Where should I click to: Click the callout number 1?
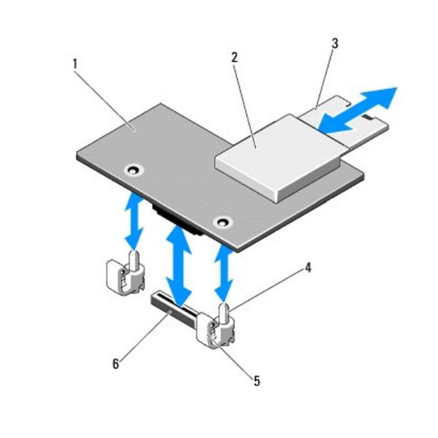(75, 64)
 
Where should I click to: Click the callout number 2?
(234, 57)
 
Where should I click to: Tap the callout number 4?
(308, 268)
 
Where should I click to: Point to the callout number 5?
(256, 381)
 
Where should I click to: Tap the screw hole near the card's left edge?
(131, 170)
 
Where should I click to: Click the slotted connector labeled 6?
(172, 309)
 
